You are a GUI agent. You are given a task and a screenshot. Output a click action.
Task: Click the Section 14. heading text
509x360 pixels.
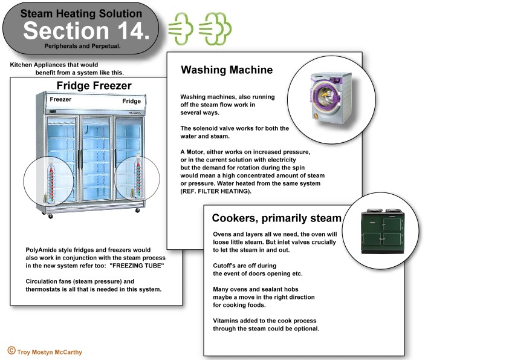(x=86, y=31)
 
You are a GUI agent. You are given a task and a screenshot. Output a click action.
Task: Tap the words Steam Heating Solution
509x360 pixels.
(x=81, y=13)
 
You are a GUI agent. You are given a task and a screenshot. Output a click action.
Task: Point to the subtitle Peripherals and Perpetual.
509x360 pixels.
(x=82, y=46)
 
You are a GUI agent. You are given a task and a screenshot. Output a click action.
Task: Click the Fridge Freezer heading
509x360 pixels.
(x=94, y=85)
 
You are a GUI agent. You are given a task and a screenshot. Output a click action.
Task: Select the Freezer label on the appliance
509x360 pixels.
(x=60, y=99)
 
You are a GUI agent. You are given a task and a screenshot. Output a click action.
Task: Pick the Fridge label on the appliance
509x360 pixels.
(x=131, y=101)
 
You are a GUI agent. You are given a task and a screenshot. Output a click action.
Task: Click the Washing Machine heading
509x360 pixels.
(x=227, y=70)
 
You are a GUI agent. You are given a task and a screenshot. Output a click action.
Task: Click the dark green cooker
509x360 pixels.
(x=383, y=231)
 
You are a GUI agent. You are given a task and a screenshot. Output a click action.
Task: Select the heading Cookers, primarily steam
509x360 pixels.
(x=277, y=218)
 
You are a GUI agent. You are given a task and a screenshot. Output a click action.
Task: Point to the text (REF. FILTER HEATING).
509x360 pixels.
(x=216, y=191)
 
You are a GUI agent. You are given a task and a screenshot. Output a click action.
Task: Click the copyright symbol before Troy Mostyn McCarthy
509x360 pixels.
(x=11, y=350)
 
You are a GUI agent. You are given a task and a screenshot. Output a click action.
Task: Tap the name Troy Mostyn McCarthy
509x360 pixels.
(x=50, y=352)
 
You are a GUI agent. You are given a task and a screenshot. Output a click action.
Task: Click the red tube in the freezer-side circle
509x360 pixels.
(x=51, y=182)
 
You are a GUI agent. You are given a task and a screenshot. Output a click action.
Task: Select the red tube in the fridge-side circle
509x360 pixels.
(x=138, y=178)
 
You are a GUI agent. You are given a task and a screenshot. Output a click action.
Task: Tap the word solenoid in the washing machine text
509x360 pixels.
(x=205, y=128)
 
